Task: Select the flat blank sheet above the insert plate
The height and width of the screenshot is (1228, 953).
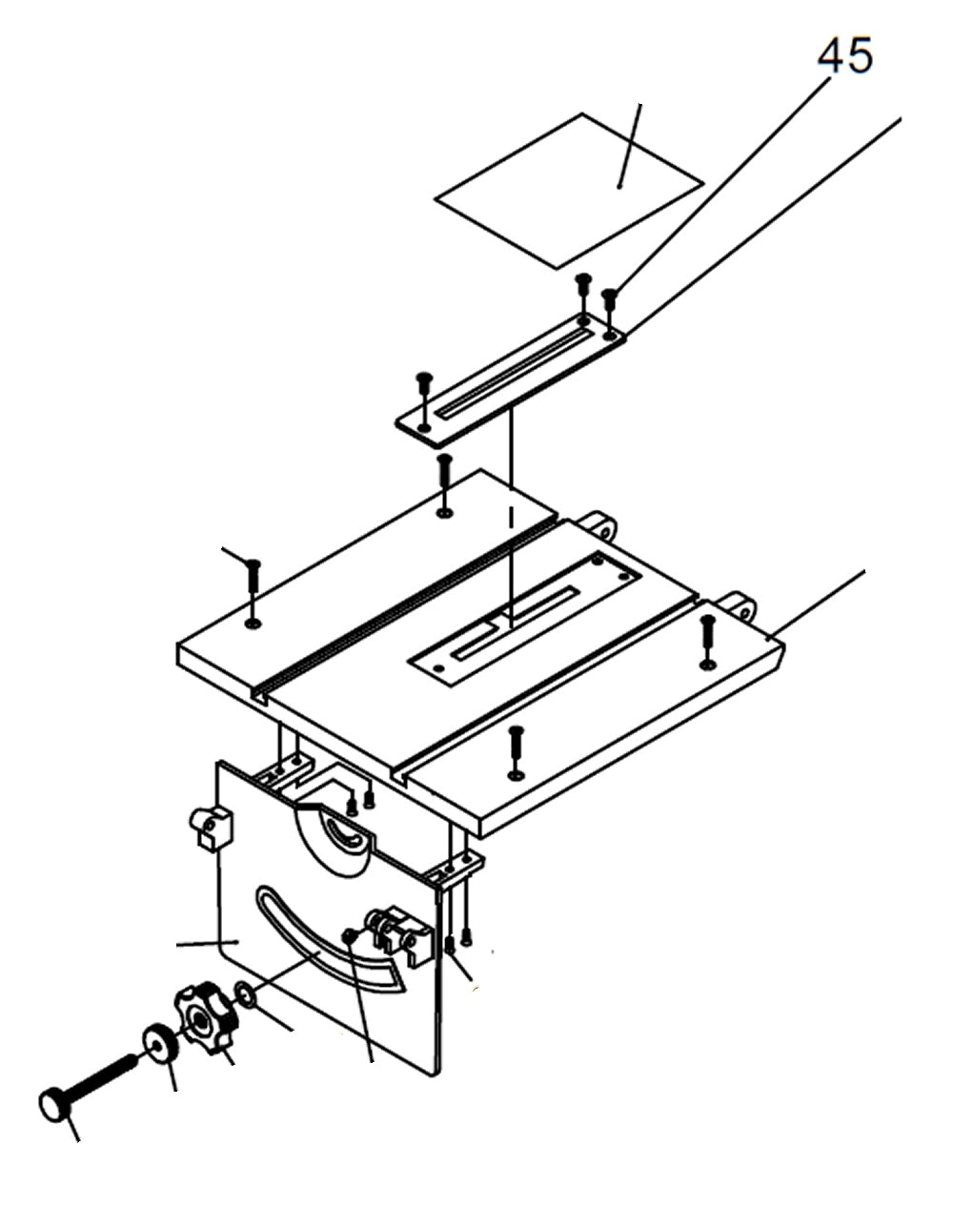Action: (569, 189)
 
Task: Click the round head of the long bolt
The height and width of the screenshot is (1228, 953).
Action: (53, 1105)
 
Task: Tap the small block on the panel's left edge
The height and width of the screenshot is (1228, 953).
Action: (211, 826)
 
